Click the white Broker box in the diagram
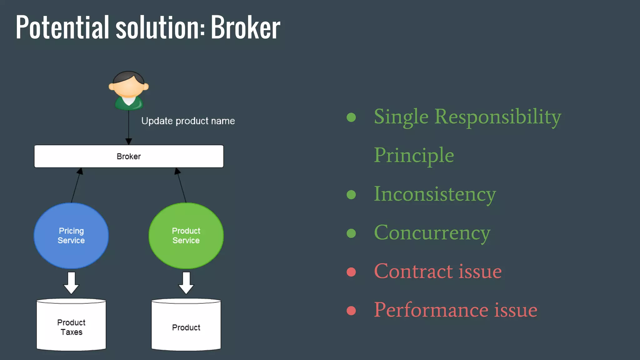[x=129, y=156]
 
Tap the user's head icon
[x=128, y=85]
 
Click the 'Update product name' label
[x=188, y=121]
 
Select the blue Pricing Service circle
[x=71, y=236]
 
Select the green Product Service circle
[x=186, y=236]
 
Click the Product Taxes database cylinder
[x=71, y=325]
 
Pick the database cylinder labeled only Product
[x=186, y=325]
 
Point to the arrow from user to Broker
[x=129, y=128]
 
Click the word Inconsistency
[x=435, y=194]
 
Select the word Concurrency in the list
[x=432, y=233]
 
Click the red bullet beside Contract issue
[x=351, y=272]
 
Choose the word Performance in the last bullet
[x=431, y=310]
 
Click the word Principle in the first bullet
[x=414, y=155]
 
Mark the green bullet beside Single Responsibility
[x=351, y=117]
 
